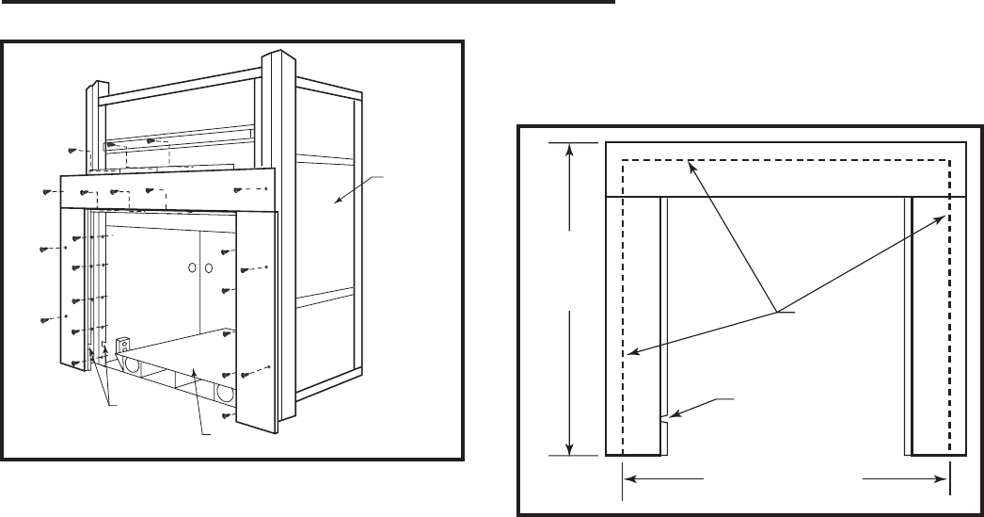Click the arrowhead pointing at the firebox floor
pos(193,372)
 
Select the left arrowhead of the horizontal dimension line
pos(630,478)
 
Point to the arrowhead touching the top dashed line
pos(690,165)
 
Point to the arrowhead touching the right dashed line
pos(943,216)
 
